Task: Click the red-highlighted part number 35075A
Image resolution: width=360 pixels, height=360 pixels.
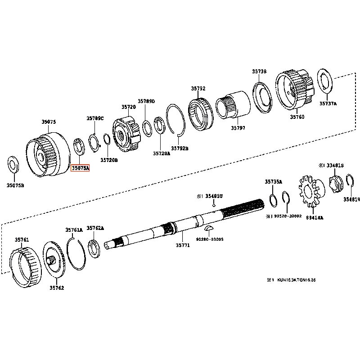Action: tap(81, 168)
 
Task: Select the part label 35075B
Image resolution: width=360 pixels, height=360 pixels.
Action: tap(15, 184)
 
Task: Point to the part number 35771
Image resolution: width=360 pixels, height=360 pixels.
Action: tap(182, 246)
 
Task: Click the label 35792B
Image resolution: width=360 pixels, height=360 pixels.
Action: tap(180, 148)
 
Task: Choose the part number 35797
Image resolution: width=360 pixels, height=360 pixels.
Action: tap(238, 128)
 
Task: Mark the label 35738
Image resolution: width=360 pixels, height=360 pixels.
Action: tap(259, 71)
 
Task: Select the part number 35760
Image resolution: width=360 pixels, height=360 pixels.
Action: tap(297, 117)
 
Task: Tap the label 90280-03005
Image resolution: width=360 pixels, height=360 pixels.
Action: tap(210, 239)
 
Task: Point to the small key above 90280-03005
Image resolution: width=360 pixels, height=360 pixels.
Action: tap(209, 229)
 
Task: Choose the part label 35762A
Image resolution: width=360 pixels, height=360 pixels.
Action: tap(95, 228)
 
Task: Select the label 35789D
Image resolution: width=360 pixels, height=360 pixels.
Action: tap(146, 101)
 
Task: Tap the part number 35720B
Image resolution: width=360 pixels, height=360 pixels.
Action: tap(109, 160)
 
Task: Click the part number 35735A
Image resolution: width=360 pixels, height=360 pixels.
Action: tap(273, 181)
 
